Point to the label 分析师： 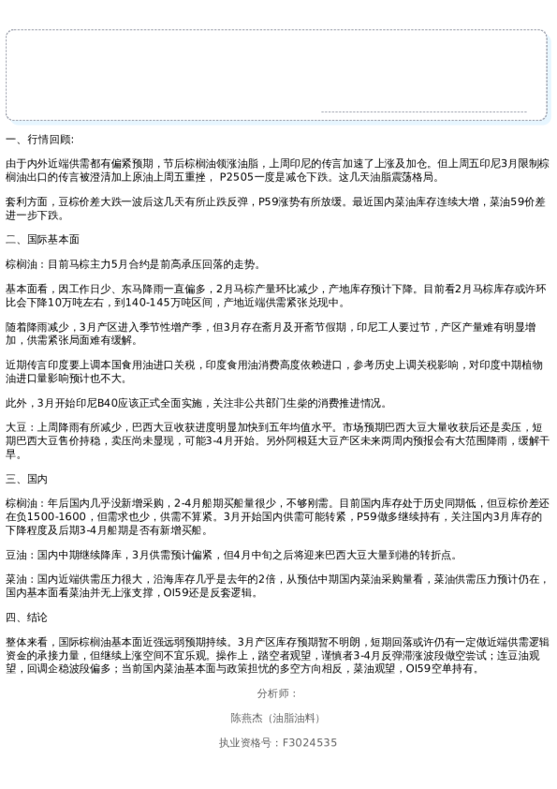coord(277,693)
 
